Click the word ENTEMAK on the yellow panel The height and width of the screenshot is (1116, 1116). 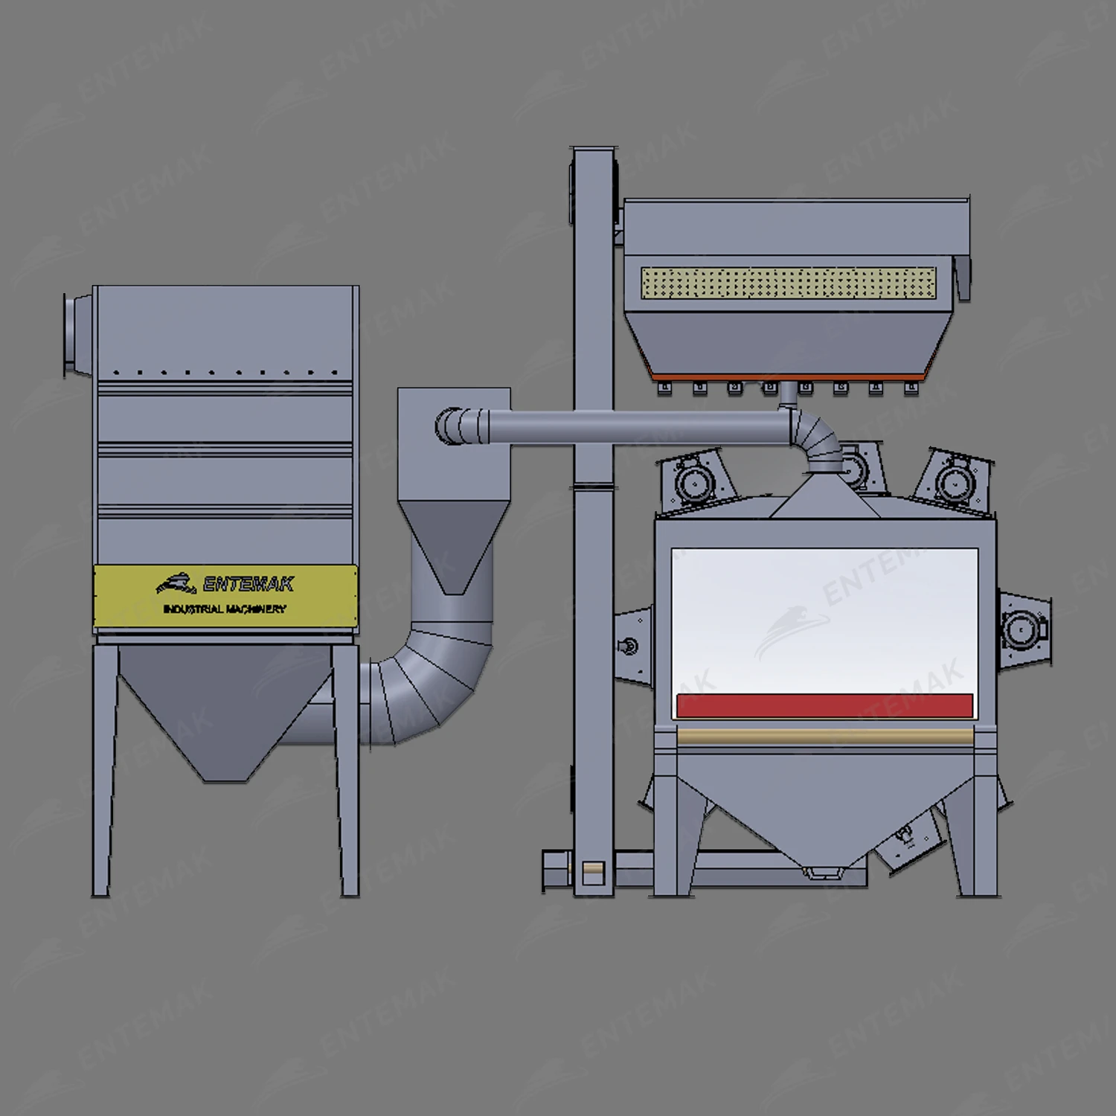click(x=248, y=585)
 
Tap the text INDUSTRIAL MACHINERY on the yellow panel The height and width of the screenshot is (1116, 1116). click(x=224, y=609)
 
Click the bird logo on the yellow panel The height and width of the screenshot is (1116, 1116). click(x=176, y=583)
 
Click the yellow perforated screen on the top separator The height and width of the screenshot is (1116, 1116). click(x=789, y=283)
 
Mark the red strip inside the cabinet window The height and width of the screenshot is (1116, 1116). click(x=824, y=705)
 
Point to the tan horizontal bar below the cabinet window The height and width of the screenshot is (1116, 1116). click(x=824, y=737)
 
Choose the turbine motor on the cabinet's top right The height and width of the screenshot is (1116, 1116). click(x=952, y=480)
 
